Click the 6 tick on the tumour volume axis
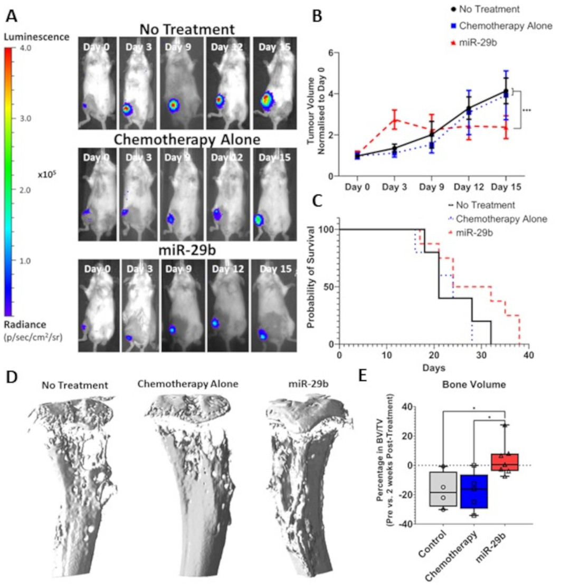point(330,53)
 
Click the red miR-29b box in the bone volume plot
point(505,461)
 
